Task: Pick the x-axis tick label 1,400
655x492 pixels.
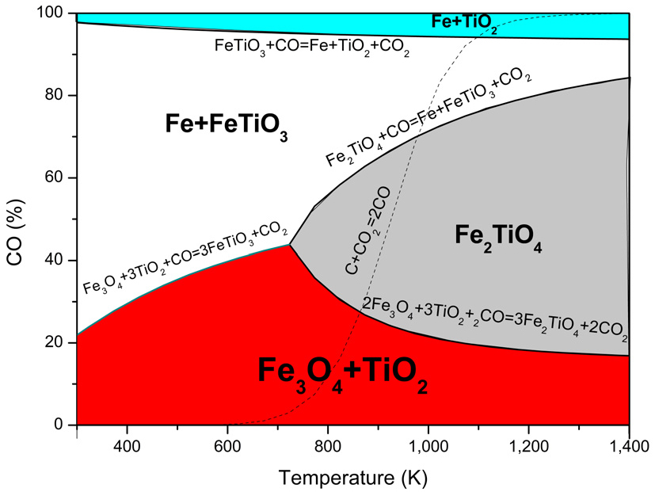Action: (x=628, y=445)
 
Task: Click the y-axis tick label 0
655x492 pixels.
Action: (x=61, y=425)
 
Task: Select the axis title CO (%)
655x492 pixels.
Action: (x=17, y=219)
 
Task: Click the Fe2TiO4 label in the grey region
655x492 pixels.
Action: (x=499, y=235)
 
